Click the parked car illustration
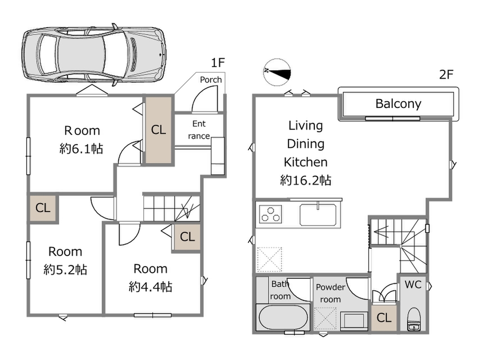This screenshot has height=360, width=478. pos(94,55)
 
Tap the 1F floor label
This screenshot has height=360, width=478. pos(218,63)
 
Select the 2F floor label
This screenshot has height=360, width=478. pos(446,74)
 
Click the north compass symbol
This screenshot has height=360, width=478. pos(277,72)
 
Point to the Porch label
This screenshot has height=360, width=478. pos(210,80)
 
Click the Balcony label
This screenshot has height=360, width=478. pos(398,104)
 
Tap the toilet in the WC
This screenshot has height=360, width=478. pos(414,319)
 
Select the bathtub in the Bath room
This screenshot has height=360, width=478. pos(283,318)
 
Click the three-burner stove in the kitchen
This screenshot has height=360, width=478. pos(270,214)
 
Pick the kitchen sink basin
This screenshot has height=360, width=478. pos(318,215)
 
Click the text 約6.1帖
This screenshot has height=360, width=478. pos(81,149)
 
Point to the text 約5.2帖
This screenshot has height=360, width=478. pos(65,270)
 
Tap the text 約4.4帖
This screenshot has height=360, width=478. pos(151,287)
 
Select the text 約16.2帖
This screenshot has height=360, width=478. pos(306,180)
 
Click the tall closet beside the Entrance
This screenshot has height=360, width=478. pos(159,130)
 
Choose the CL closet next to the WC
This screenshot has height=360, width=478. pos(384,318)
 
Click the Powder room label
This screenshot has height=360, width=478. pos(331,293)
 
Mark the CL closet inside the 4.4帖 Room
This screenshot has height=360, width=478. pos(187,237)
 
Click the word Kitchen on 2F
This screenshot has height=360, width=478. pos(306,162)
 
